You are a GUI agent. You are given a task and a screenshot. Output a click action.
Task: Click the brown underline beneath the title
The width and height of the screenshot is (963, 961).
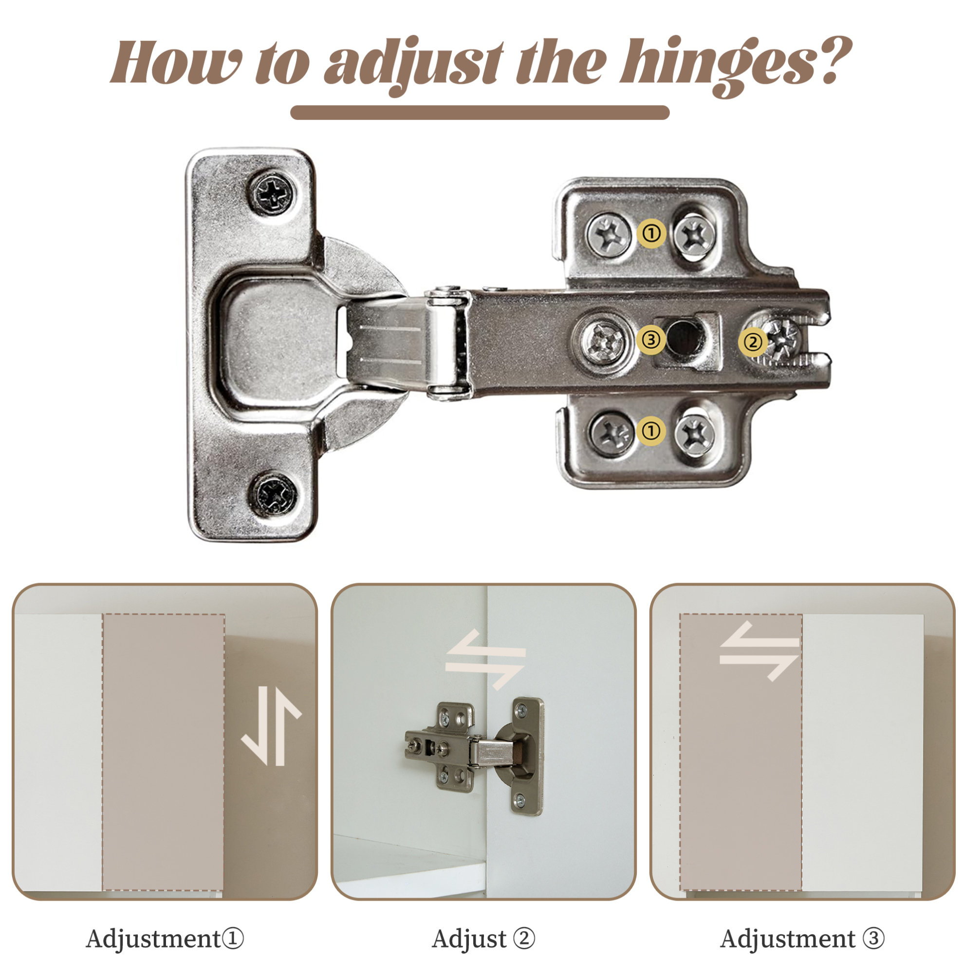click(480, 112)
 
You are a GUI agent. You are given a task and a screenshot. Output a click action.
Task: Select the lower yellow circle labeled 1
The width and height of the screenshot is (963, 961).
click(650, 430)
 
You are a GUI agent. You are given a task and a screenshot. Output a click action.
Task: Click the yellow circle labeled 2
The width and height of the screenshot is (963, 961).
click(753, 342)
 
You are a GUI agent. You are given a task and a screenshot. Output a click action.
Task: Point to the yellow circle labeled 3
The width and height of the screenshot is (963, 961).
click(650, 340)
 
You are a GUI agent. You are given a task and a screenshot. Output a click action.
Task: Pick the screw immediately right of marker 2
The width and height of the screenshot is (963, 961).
click(784, 339)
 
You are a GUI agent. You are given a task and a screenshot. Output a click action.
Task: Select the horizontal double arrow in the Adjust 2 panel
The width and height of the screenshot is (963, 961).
click(485, 660)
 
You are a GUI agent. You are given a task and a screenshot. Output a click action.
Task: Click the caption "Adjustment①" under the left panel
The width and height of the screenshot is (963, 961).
click(165, 939)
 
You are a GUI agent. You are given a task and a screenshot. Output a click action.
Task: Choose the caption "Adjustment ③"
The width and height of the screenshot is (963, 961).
click(802, 939)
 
